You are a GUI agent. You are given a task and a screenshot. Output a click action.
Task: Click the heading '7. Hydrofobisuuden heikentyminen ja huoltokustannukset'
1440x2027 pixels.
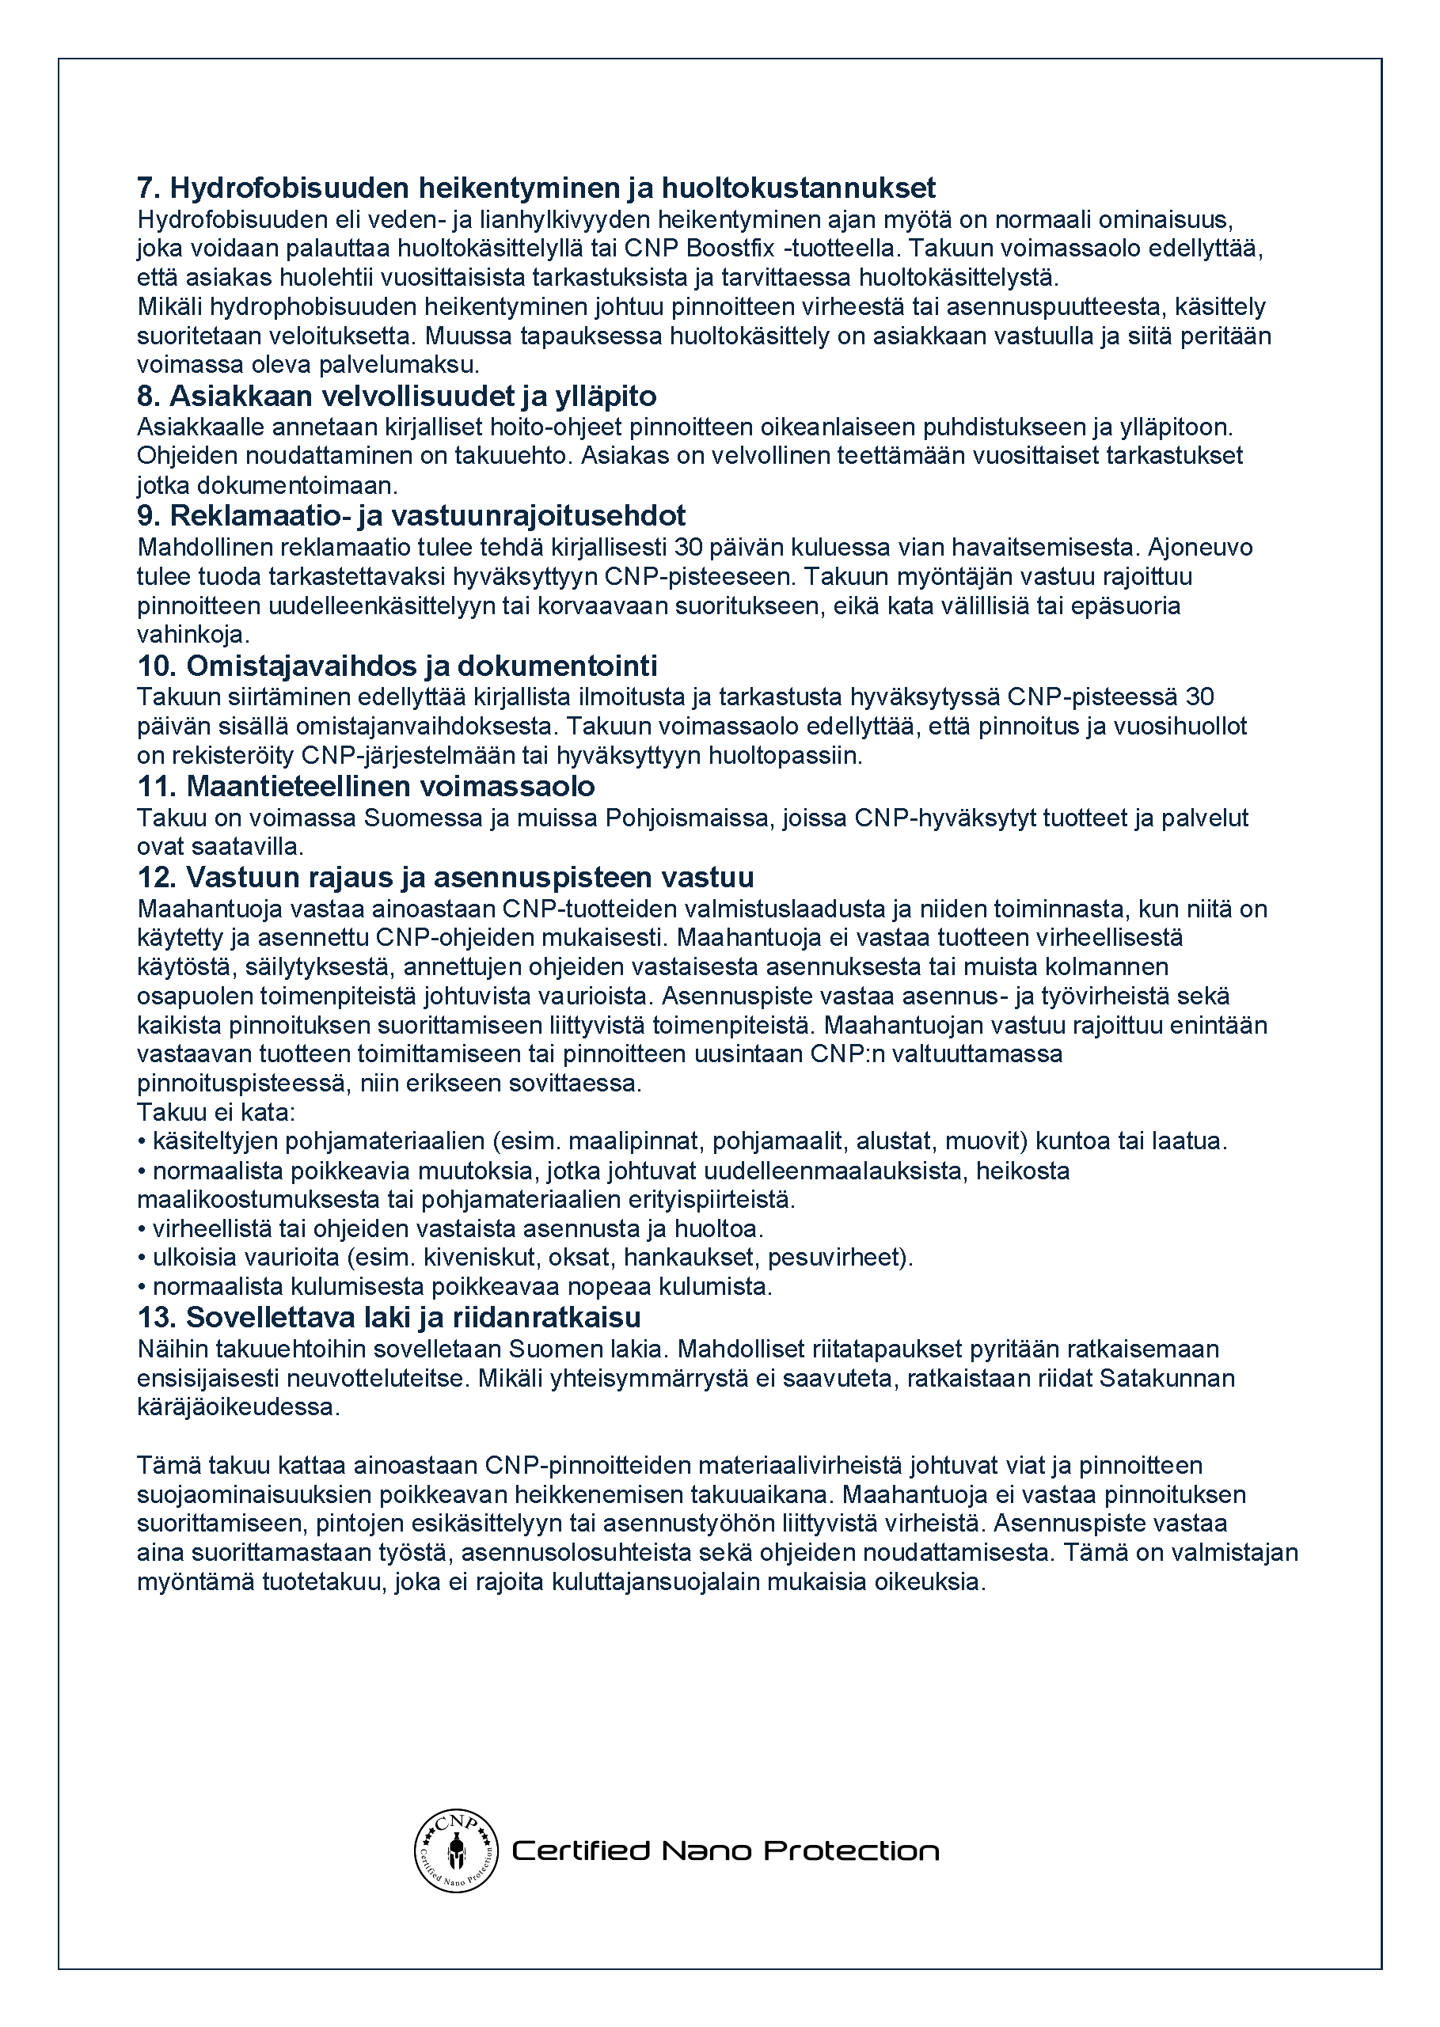pos(536,188)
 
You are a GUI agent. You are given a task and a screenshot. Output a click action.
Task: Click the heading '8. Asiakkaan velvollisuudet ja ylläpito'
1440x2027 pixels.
pos(397,397)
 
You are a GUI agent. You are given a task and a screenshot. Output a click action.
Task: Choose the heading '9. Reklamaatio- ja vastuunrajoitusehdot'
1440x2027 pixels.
pos(412,516)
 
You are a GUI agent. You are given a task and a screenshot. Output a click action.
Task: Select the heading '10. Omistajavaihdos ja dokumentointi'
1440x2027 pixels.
pos(397,666)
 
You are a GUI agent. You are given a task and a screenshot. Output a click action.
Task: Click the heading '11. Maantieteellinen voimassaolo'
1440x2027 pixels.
pos(365,786)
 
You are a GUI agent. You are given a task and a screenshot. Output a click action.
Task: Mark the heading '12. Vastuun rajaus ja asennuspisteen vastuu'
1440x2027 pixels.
pos(445,878)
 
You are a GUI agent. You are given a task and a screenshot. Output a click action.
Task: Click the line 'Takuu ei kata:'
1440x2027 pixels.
pos(215,1112)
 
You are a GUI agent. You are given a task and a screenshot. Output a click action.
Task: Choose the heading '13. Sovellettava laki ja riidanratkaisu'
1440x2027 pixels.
pos(389,1317)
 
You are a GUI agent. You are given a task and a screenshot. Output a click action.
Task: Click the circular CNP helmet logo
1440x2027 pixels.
pos(456,1850)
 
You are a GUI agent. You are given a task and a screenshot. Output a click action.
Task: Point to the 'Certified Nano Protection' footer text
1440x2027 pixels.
pos(725,1850)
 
